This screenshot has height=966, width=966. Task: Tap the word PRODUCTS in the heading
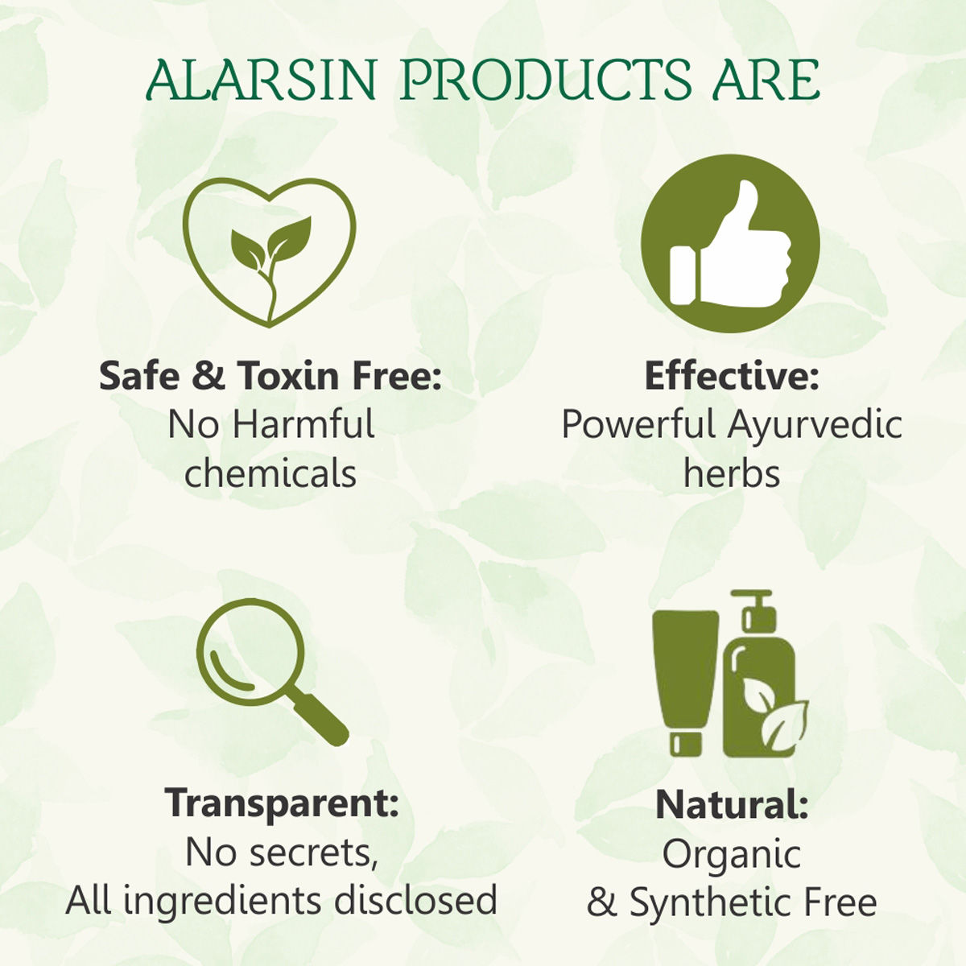coord(545,80)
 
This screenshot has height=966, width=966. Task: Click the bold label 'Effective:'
coord(731,376)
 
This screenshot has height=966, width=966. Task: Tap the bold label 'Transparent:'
coord(282,803)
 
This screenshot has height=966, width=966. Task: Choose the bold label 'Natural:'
coord(732,804)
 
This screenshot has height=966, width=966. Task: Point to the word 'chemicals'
coord(270,473)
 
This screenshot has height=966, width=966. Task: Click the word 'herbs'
coord(732,473)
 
